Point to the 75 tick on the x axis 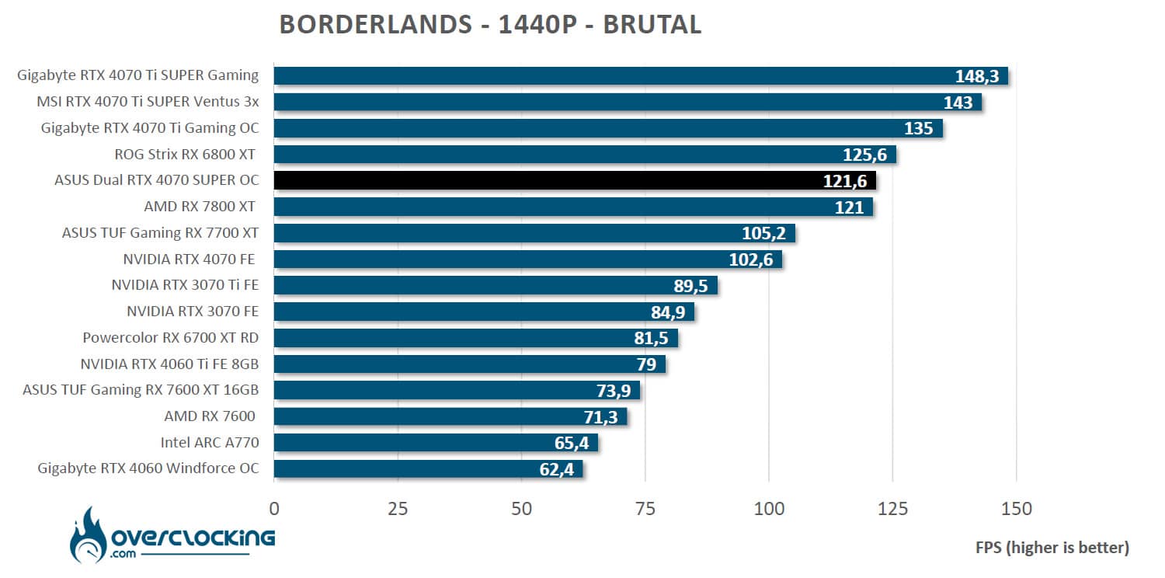coord(645,510)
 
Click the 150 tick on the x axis coord(1016,510)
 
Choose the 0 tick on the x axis coord(274,510)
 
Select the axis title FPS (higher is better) coord(1052,548)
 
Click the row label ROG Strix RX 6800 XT coord(186,155)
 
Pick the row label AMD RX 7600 coord(210,416)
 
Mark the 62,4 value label coord(558,469)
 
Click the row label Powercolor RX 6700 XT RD coord(170,338)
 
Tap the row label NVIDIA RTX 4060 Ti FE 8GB coord(169,364)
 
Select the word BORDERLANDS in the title coord(371,25)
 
